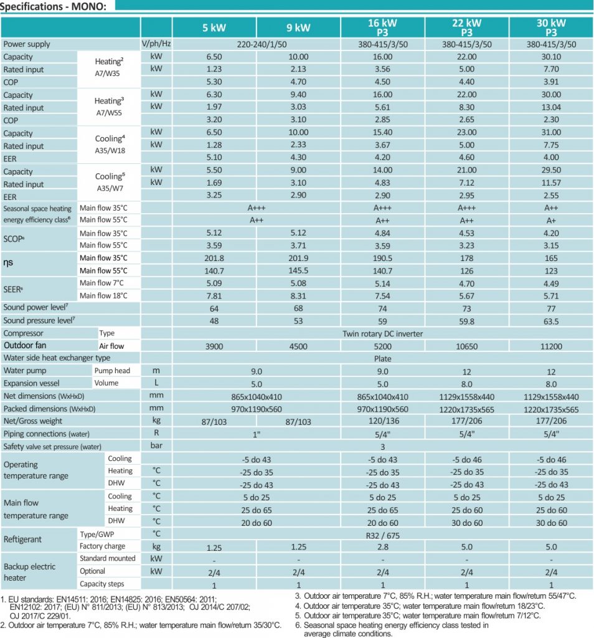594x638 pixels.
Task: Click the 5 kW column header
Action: point(214,27)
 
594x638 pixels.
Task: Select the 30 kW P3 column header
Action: point(551,27)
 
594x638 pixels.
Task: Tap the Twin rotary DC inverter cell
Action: point(382,334)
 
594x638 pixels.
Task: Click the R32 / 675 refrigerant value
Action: point(382,535)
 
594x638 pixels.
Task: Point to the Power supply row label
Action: point(27,44)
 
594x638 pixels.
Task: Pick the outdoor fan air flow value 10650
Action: point(467,346)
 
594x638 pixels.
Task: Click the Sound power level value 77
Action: point(551,308)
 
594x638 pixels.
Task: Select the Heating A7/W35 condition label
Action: point(108,67)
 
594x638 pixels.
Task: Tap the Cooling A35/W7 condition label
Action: point(110,182)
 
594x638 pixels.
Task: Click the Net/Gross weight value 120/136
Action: point(382,421)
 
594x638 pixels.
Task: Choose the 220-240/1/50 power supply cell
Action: point(256,44)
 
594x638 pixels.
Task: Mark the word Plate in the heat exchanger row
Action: point(382,358)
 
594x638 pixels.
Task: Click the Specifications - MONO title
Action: point(54,6)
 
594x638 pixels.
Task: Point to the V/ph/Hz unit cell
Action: point(156,44)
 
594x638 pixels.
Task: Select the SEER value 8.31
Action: point(298,296)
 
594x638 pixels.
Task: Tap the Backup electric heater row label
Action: point(29,572)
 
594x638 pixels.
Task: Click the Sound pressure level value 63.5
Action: point(551,321)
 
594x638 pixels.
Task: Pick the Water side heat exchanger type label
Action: point(57,358)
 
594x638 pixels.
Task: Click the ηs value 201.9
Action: point(298,258)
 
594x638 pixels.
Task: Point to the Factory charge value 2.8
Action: point(382,547)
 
